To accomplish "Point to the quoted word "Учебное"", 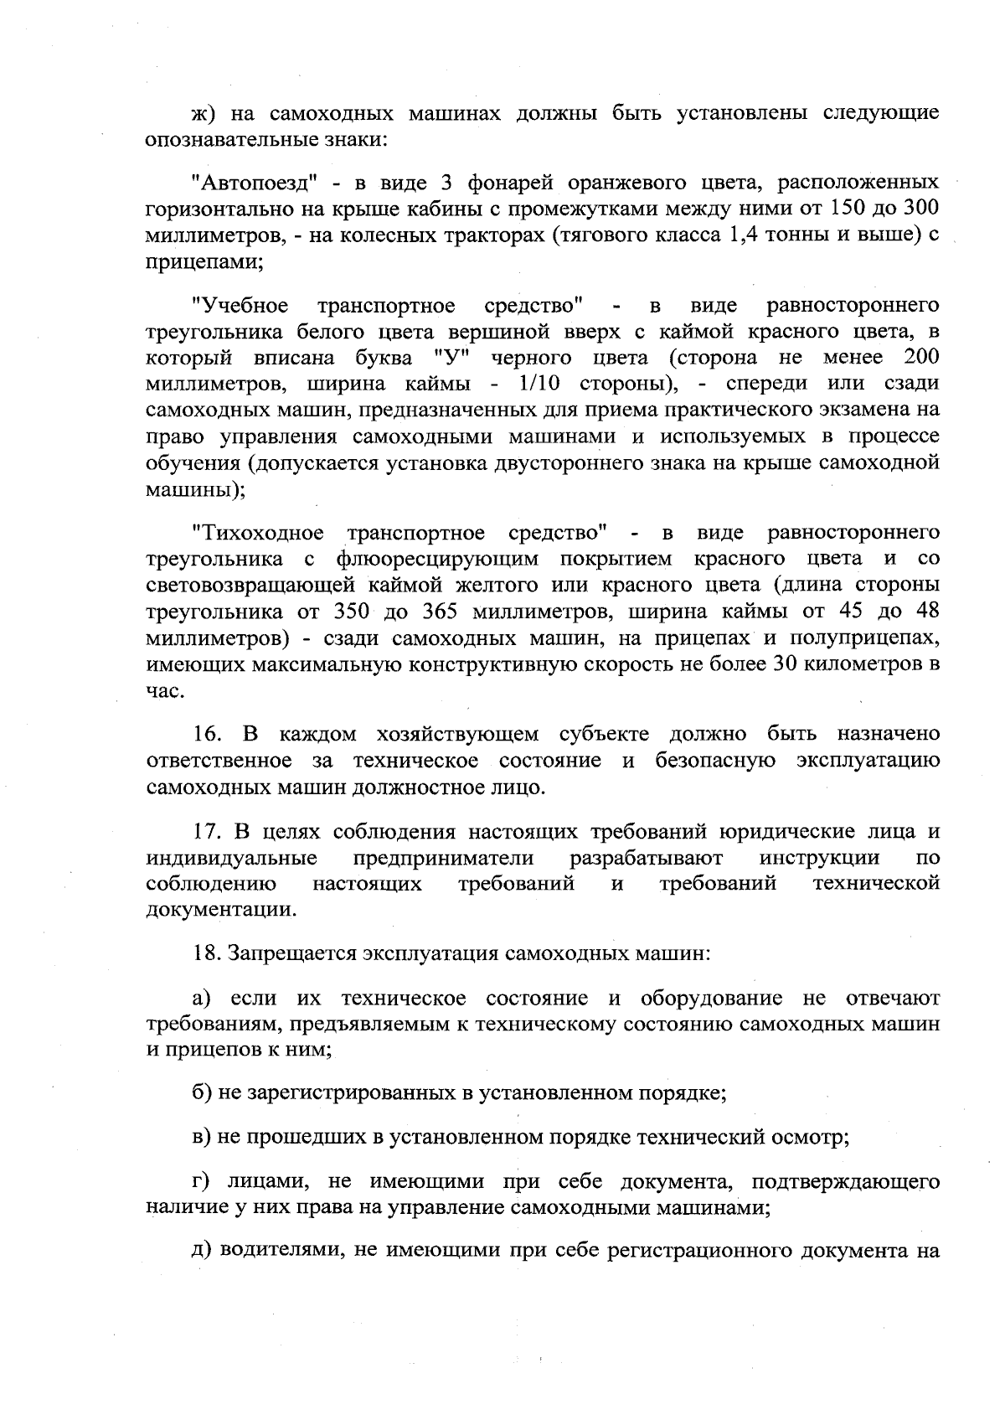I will click(240, 305).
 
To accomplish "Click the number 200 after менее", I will click(921, 358).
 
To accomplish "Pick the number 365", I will click(445, 612).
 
